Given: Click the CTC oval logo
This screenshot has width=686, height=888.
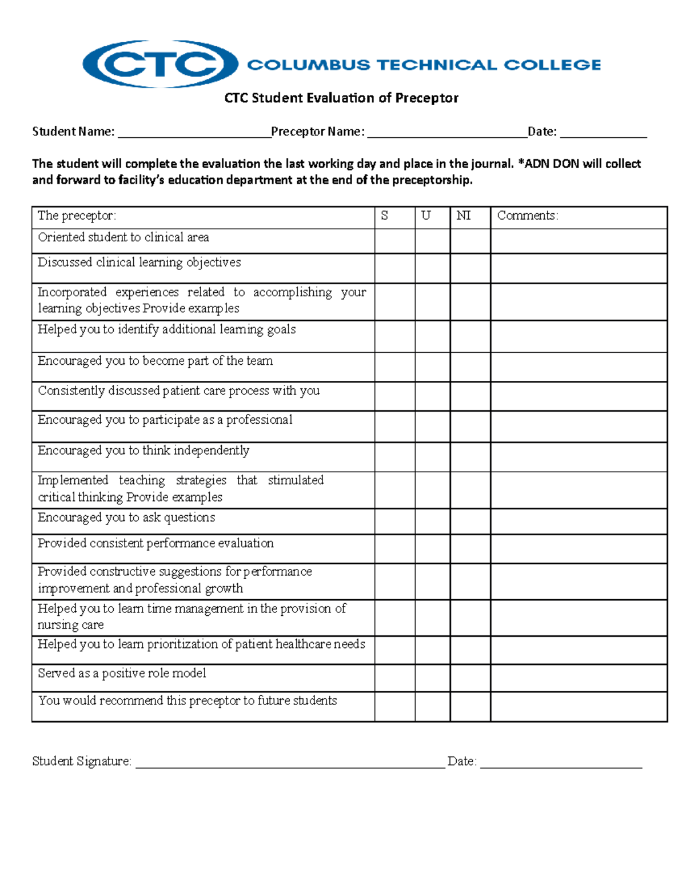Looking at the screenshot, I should (x=160, y=64).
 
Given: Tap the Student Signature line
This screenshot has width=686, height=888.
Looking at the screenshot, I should (x=290, y=763).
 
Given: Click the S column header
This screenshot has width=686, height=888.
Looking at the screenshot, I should (x=385, y=216).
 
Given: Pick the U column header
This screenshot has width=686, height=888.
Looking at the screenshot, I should (x=426, y=216).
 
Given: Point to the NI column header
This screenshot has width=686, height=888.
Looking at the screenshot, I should (x=464, y=216).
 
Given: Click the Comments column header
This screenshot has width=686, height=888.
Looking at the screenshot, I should (x=528, y=216).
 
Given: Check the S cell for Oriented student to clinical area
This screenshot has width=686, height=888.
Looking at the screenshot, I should (x=394, y=241).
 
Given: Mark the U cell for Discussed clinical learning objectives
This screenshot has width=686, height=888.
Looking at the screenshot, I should (x=432, y=268).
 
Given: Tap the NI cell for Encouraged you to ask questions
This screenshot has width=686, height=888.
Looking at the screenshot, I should (x=470, y=521).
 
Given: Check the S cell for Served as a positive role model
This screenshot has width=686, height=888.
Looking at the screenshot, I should (x=394, y=678).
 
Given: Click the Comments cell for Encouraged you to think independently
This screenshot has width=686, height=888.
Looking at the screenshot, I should (x=579, y=457).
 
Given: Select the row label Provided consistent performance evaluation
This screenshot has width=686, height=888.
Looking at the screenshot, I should (x=155, y=543).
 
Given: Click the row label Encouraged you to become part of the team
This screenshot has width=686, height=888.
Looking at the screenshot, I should (x=155, y=361).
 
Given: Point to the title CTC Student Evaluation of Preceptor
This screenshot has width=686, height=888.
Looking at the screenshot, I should (x=341, y=98).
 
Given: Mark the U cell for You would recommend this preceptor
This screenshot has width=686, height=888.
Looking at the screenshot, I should (x=432, y=707).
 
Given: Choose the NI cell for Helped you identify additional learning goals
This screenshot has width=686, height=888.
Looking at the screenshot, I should (x=470, y=336).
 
